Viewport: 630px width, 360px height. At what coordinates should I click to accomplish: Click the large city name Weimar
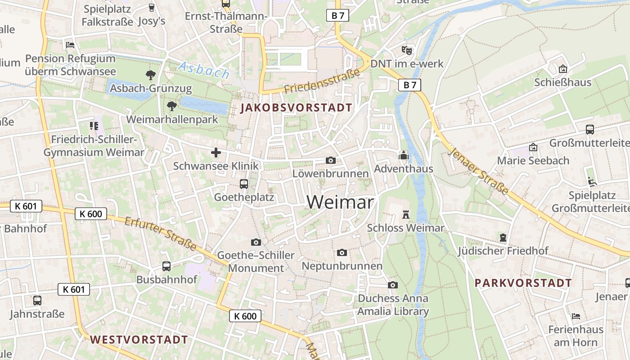point(340,202)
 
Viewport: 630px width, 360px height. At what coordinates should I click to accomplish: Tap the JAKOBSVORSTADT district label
point(296,108)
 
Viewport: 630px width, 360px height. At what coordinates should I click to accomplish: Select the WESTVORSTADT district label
point(139,339)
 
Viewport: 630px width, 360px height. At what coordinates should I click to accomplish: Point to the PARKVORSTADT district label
point(523,283)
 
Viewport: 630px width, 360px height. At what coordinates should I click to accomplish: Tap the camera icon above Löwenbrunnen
point(331,160)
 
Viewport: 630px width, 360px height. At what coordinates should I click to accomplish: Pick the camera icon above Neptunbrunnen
point(342,252)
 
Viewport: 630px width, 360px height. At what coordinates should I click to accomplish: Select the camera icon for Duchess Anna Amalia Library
point(393,285)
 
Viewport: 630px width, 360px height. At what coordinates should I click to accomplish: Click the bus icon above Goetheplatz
point(244,184)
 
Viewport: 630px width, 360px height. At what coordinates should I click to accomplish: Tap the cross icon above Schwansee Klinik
point(216,153)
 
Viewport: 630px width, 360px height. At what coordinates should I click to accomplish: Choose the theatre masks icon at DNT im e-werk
point(407,50)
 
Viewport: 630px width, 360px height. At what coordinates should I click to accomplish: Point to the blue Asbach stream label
point(204,71)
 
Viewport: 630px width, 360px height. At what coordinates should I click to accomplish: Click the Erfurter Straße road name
point(161,234)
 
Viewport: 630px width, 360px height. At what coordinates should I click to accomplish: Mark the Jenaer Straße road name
point(479,171)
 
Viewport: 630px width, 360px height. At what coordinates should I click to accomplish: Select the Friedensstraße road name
point(323,81)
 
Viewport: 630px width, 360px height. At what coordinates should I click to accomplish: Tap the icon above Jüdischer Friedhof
point(503,237)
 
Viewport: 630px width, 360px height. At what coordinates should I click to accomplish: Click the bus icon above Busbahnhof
point(166,266)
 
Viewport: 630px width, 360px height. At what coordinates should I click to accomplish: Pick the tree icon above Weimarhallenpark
point(171,106)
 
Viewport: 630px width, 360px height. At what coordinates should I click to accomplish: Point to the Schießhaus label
point(562,83)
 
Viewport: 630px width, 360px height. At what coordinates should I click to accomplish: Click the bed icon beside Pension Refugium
point(70,45)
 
